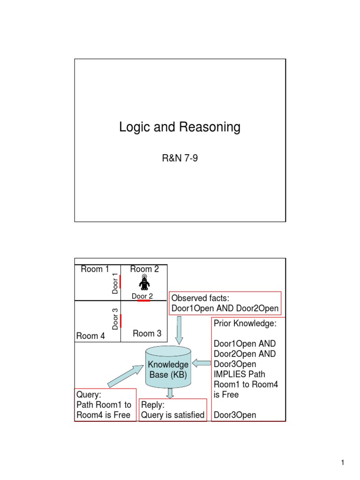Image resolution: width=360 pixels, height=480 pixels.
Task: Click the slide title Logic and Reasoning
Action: click(180, 127)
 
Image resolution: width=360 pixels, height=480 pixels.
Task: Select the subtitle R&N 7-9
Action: click(180, 159)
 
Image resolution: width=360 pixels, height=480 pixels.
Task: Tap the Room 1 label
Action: click(95, 269)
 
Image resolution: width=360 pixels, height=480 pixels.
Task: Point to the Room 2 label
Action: click(144, 269)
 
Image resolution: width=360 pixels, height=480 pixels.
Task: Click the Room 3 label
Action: click(147, 333)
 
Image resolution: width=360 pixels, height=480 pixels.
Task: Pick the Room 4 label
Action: click(90, 336)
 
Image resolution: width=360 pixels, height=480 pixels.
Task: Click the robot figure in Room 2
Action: click(144, 283)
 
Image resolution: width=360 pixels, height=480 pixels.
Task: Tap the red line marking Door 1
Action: click(120, 282)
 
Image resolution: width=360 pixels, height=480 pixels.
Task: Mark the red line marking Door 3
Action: click(120, 321)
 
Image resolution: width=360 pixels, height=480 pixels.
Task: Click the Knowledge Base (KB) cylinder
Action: click(168, 368)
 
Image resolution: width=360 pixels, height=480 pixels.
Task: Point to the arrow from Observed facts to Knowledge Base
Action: click(179, 330)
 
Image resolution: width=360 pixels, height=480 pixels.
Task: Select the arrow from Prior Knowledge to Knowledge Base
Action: click(201, 362)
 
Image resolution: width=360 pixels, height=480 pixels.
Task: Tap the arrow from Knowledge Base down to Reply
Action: click(170, 394)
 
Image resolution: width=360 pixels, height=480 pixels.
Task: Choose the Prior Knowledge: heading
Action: click(245, 323)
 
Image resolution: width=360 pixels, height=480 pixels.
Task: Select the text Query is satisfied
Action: click(173, 414)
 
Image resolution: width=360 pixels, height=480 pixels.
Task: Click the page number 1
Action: click(343, 463)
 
